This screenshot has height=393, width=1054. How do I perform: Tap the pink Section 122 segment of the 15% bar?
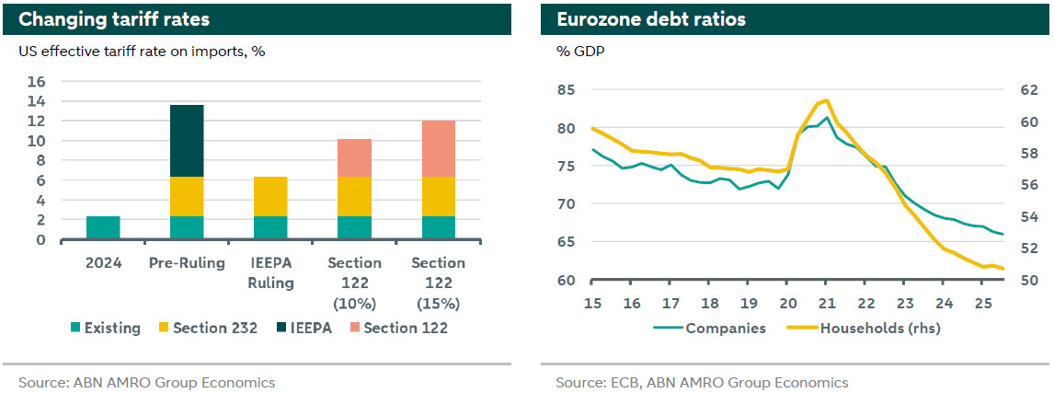point(438,148)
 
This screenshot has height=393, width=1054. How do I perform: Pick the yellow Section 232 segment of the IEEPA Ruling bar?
point(270,196)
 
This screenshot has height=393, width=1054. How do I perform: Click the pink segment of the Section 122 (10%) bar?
point(354,157)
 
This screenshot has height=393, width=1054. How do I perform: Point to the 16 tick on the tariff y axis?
point(38,82)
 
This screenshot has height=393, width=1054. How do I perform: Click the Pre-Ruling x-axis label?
point(187,263)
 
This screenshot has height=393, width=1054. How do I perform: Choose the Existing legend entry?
point(106,327)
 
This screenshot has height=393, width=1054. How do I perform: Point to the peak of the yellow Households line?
point(827,99)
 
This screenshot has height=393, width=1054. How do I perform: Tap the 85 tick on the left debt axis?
point(567,90)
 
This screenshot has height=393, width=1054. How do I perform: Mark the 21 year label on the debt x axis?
point(827,304)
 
